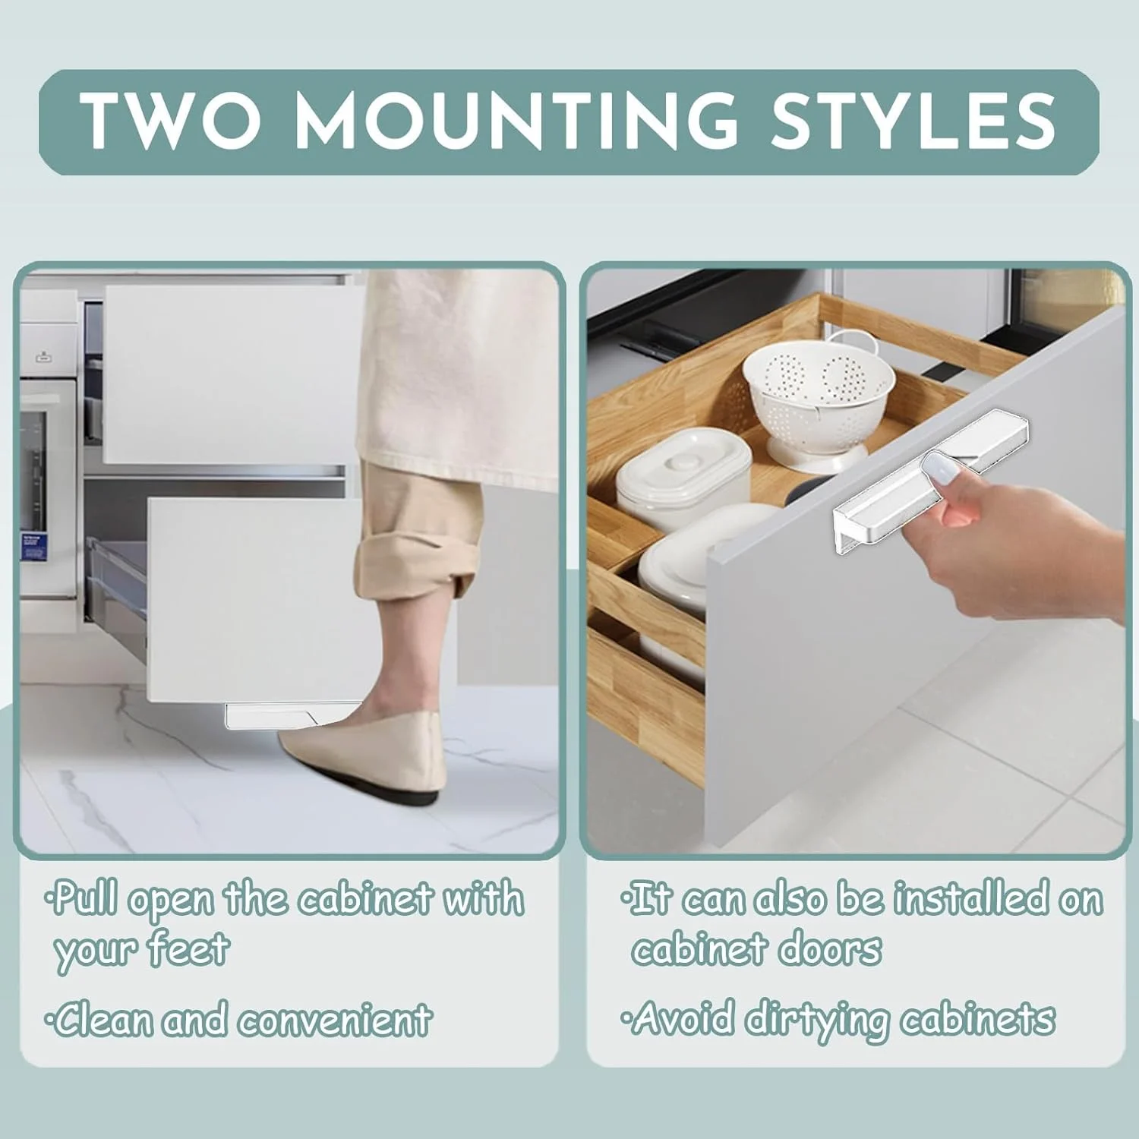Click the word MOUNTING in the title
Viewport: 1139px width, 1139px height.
coord(516,120)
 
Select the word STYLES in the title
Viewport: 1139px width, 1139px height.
coord(913,120)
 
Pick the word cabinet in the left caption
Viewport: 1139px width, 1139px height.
coord(366,899)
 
